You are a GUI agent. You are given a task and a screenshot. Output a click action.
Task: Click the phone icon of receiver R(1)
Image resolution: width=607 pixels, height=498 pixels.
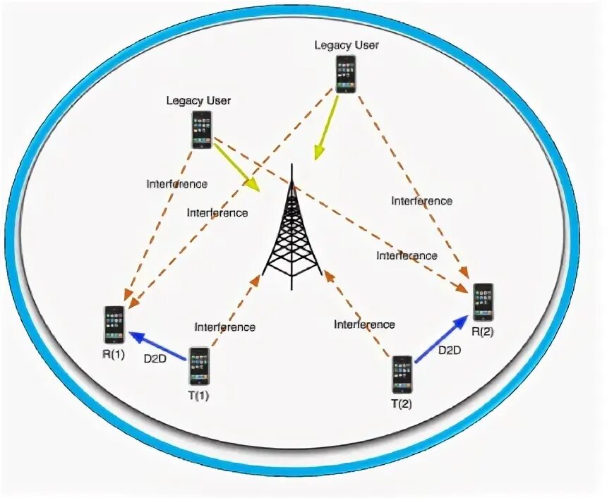pos(114,324)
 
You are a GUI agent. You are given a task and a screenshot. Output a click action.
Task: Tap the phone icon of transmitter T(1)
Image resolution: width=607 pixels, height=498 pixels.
pos(199,365)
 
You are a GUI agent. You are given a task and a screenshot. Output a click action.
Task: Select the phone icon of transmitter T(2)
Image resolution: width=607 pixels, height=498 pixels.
pos(402,375)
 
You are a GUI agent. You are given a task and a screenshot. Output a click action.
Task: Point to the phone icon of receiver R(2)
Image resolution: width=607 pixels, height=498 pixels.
pos(483,303)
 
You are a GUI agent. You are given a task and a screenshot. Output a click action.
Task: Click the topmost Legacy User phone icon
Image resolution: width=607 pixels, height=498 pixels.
pos(346,73)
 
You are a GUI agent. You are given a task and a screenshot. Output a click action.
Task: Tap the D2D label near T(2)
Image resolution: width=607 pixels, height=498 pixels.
pos(450,350)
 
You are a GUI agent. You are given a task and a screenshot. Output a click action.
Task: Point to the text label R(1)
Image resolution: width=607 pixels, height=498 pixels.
pos(114,355)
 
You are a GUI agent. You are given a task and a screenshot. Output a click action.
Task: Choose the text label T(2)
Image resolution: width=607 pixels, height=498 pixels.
pos(402,404)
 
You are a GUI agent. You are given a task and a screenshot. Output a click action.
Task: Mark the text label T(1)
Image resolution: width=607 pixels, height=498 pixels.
pos(199,396)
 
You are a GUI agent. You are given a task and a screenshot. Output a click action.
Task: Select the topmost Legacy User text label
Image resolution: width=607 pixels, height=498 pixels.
pos(347,45)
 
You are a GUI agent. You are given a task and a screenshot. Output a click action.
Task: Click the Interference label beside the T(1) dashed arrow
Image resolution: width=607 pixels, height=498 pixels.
pos(225,327)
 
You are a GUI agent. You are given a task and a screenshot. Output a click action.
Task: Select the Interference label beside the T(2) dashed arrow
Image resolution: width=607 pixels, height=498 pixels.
pos(364,324)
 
